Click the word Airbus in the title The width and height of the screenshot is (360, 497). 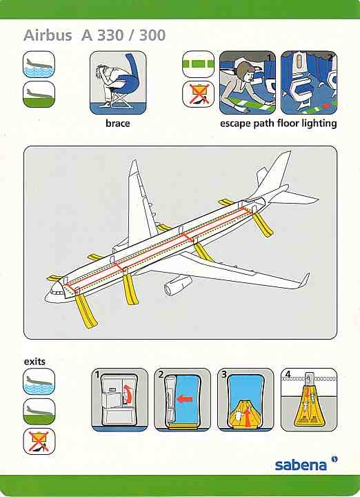[48, 35]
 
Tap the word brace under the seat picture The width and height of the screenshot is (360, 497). [118, 123]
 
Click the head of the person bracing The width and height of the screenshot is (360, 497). [102, 70]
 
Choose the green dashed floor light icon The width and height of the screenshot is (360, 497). [198, 64]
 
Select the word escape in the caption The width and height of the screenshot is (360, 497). [235, 123]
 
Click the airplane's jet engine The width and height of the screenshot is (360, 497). [178, 284]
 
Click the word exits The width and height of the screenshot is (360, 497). [34, 361]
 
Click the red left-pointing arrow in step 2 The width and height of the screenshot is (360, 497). [185, 399]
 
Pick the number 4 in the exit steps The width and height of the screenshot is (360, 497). [288, 374]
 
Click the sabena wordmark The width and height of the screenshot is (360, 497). [301, 465]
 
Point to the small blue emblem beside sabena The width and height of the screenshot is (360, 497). [334, 459]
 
